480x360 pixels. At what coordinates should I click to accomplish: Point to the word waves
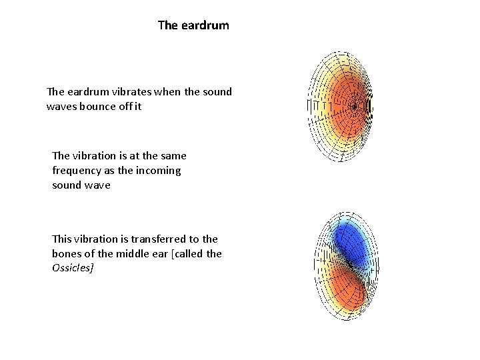62,107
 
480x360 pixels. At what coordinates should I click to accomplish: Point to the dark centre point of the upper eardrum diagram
354,105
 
